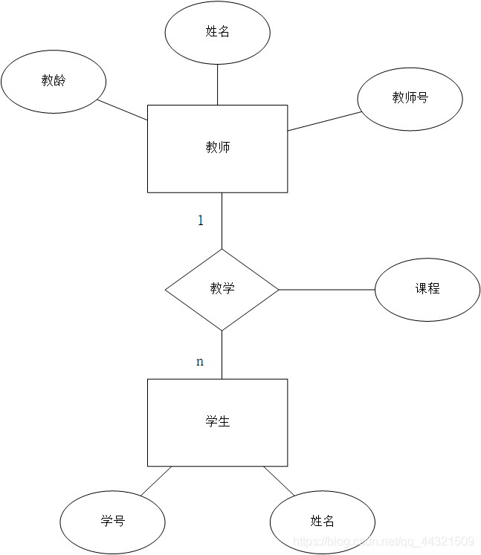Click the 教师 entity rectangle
point(217,148)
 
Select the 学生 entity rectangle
point(217,422)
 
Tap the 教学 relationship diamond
point(222,289)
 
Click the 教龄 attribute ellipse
point(54,81)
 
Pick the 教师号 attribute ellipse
point(410,98)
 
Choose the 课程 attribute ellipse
point(427,289)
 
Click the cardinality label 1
point(200,220)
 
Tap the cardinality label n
point(199,362)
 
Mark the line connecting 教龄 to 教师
point(123,110)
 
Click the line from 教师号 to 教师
point(324,121)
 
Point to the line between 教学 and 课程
point(326,289)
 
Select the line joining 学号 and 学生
point(155,481)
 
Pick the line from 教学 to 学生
point(222,354)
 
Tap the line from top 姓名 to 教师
point(217,84)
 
